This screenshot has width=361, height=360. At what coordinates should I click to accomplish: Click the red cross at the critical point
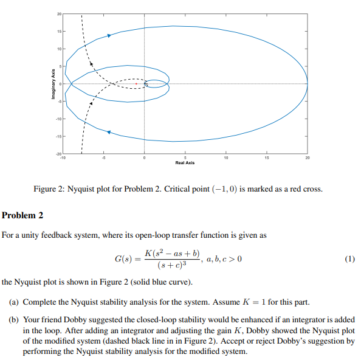(136, 83)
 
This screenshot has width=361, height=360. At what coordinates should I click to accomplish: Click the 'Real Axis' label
(184, 163)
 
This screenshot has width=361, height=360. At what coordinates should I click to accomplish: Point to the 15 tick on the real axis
(266, 158)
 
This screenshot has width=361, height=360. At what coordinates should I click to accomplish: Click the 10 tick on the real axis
(225, 158)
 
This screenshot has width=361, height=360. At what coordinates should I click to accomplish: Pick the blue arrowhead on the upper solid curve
(109, 35)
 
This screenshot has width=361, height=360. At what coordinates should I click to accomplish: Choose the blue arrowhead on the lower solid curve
(108, 131)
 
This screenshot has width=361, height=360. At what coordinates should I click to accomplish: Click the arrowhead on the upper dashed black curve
(91, 61)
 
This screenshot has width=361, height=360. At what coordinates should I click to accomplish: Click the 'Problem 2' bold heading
(22, 215)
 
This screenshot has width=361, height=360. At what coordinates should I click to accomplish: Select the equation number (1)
(349, 258)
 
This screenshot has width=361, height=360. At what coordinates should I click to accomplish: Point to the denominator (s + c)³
(171, 265)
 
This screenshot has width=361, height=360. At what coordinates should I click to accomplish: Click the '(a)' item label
(13, 302)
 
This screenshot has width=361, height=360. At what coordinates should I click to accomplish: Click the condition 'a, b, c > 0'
(222, 260)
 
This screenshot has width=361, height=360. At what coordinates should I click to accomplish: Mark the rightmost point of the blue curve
(308, 84)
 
